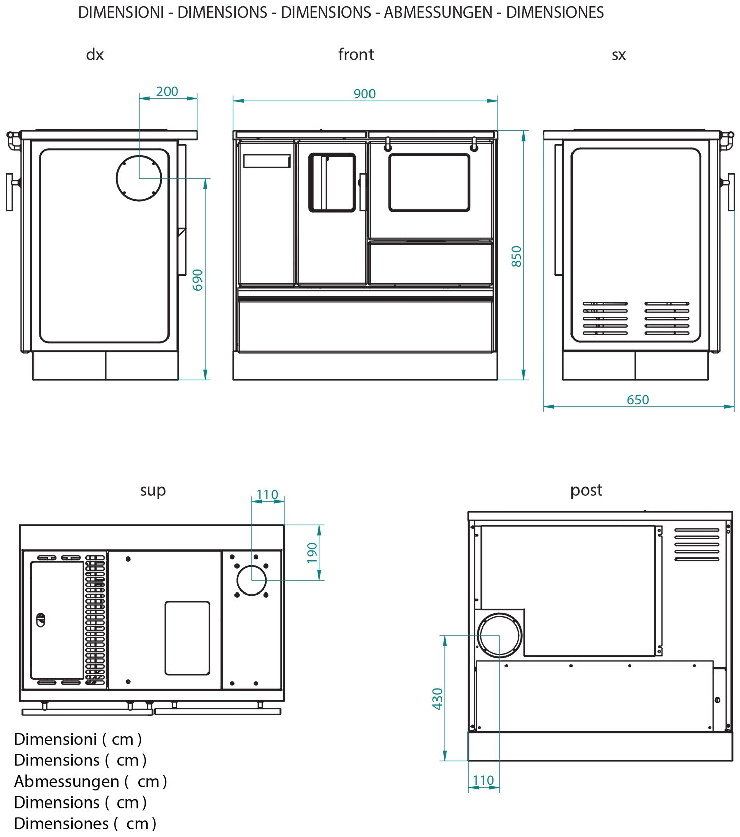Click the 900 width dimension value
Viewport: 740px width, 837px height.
tap(364, 94)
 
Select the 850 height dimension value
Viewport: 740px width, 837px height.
tap(516, 256)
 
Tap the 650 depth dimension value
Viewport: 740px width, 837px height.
tap(637, 400)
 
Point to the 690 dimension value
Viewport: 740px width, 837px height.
tap(198, 280)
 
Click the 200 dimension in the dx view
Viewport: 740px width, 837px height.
tap(167, 91)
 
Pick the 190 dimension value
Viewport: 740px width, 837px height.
tap(312, 552)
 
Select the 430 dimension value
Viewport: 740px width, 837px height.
tap(438, 699)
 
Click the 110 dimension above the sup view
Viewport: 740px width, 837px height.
tap(267, 494)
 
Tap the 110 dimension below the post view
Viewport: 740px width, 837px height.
tap(483, 780)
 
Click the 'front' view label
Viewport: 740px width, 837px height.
tap(356, 54)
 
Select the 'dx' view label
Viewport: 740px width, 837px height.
tap(95, 54)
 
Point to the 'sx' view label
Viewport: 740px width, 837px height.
tap(618, 54)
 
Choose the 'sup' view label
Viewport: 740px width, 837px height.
tap(153, 490)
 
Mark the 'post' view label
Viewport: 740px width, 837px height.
tap(586, 490)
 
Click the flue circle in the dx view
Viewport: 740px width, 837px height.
tap(139, 178)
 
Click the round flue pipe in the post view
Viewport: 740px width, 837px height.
tap(499, 635)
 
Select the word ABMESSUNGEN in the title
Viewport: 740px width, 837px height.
tap(438, 12)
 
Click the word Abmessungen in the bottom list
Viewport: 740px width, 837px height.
tap(66, 781)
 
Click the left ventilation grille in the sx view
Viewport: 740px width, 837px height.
tap(605, 318)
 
